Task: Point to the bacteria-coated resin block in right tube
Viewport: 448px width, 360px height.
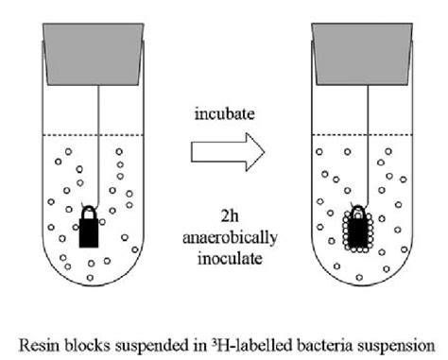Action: tap(358, 230)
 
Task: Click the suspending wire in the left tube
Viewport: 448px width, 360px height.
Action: tap(92, 142)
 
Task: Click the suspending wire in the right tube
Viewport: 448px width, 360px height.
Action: tap(360, 142)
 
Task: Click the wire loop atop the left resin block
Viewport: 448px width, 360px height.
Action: tap(90, 210)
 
